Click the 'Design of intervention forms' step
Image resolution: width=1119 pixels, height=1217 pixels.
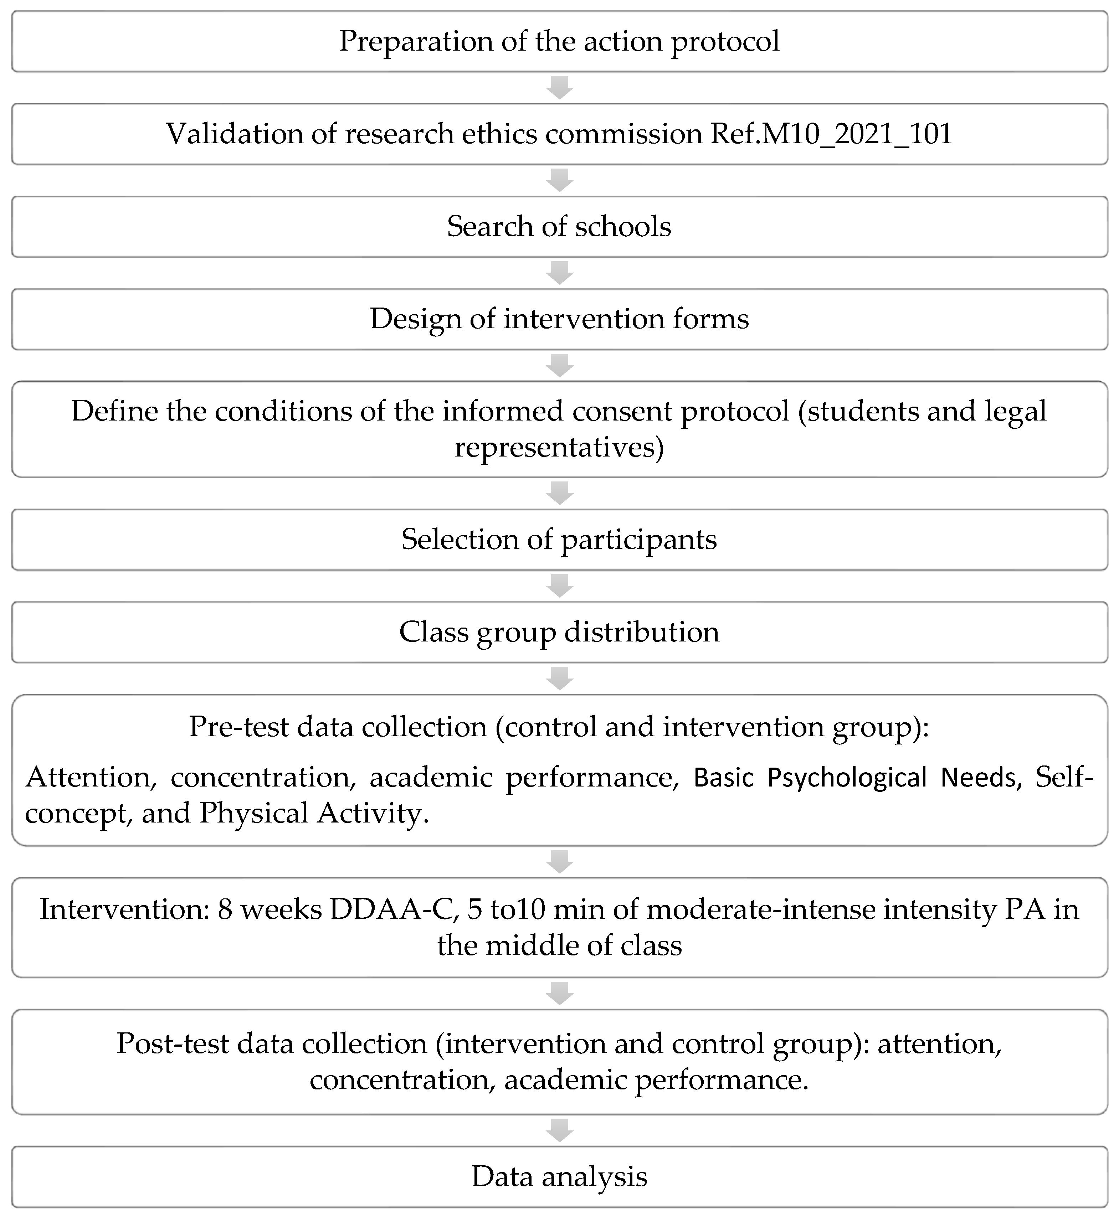coord(559,319)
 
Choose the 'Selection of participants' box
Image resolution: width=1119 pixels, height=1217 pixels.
coord(559,539)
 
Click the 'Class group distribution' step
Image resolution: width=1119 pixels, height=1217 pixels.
coord(559,632)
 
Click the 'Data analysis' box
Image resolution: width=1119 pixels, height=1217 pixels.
coord(559,1176)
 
